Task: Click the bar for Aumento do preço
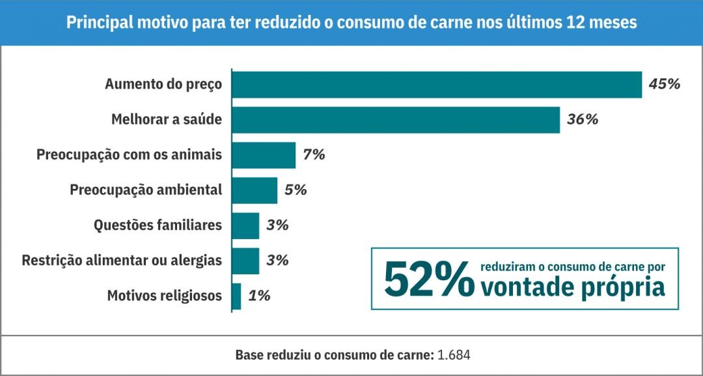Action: [x=437, y=84]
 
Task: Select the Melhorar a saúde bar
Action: [x=396, y=120]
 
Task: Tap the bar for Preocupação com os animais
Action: [x=264, y=155]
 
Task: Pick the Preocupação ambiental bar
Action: [x=255, y=190]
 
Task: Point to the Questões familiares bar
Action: [x=245, y=225]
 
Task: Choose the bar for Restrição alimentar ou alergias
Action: [x=245, y=261]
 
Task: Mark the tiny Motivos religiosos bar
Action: [x=236, y=296]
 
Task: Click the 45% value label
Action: [x=665, y=84]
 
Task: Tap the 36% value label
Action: [x=583, y=120]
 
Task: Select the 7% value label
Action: [x=314, y=155]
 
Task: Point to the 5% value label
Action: [x=296, y=190]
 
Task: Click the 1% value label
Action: [x=259, y=296]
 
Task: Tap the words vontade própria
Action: [x=573, y=287]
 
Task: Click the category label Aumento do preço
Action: [x=163, y=84]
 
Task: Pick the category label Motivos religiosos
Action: [x=165, y=296]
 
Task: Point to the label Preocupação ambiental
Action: [x=146, y=190]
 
